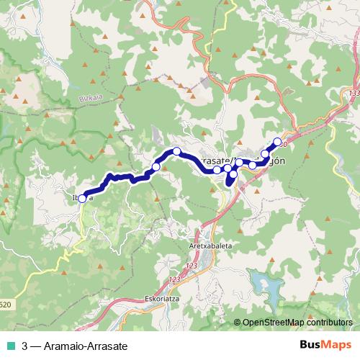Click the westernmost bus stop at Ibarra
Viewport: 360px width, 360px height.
tap(82, 198)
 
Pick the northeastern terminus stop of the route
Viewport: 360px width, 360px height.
tap(278, 142)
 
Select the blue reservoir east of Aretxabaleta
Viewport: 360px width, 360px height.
tap(261, 279)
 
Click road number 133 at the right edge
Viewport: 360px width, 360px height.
tap(353, 94)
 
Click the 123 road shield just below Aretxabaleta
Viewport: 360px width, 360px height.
tap(190, 267)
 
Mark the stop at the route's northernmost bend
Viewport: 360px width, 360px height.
tap(176, 151)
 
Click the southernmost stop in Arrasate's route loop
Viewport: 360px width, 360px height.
tap(233, 174)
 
